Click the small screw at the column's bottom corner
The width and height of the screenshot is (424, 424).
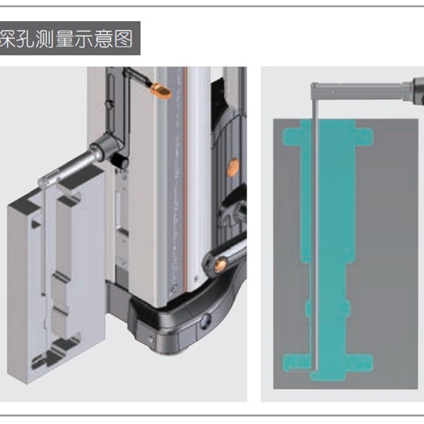click(174, 287)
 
